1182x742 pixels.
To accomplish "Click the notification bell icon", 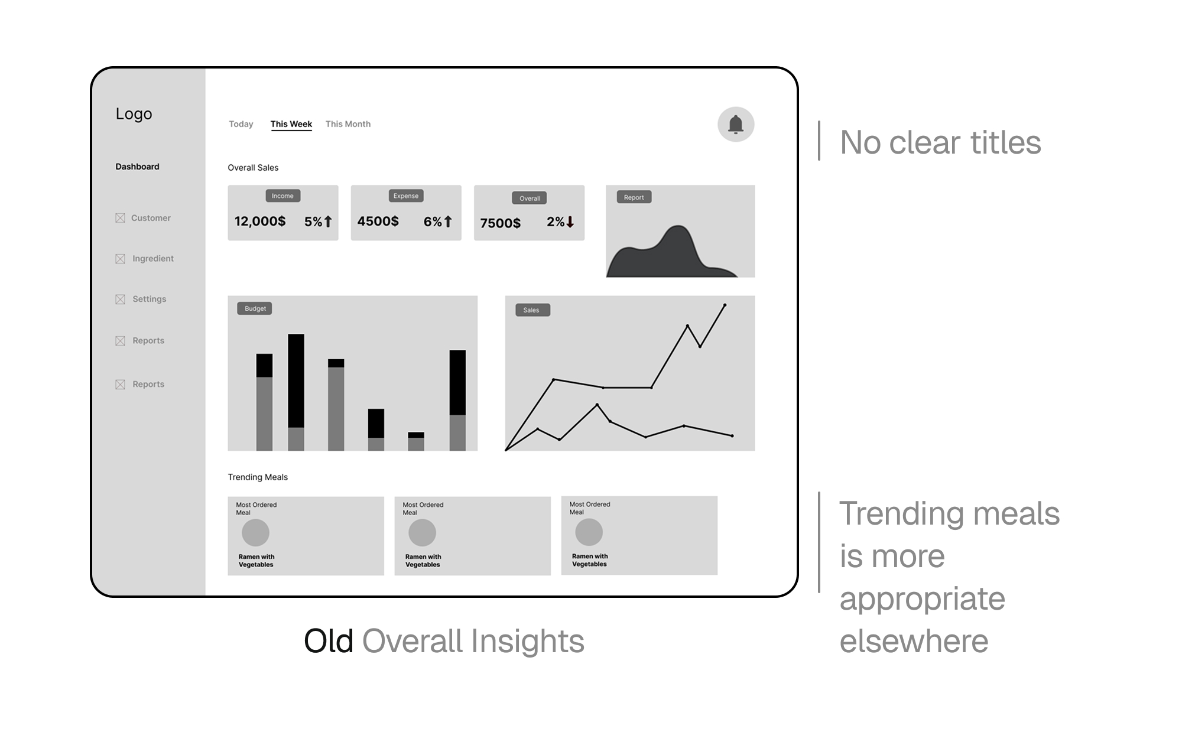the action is (x=736, y=124).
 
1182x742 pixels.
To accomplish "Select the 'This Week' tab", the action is (x=291, y=124).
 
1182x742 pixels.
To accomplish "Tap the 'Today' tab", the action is (x=241, y=124).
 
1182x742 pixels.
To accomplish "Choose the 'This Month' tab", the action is (x=348, y=124).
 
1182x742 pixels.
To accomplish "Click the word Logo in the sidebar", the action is (x=134, y=113).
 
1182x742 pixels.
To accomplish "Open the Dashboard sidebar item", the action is (x=137, y=167).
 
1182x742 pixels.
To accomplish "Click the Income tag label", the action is (x=282, y=196).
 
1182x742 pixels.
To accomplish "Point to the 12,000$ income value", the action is (x=260, y=222).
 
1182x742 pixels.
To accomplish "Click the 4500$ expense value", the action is (x=378, y=222).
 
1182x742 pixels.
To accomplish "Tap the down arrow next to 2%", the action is (x=570, y=222).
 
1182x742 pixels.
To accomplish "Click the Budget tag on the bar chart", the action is (x=255, y=308).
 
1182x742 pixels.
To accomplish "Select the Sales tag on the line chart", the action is (x=532, y=310).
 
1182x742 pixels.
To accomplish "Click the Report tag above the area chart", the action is (x=634, y=197).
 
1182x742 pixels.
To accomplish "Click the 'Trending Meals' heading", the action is (x=258, y=477).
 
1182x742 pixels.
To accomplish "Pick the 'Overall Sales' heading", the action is (x=253, y=168).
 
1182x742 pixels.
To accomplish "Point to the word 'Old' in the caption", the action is (x=329, y=641).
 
